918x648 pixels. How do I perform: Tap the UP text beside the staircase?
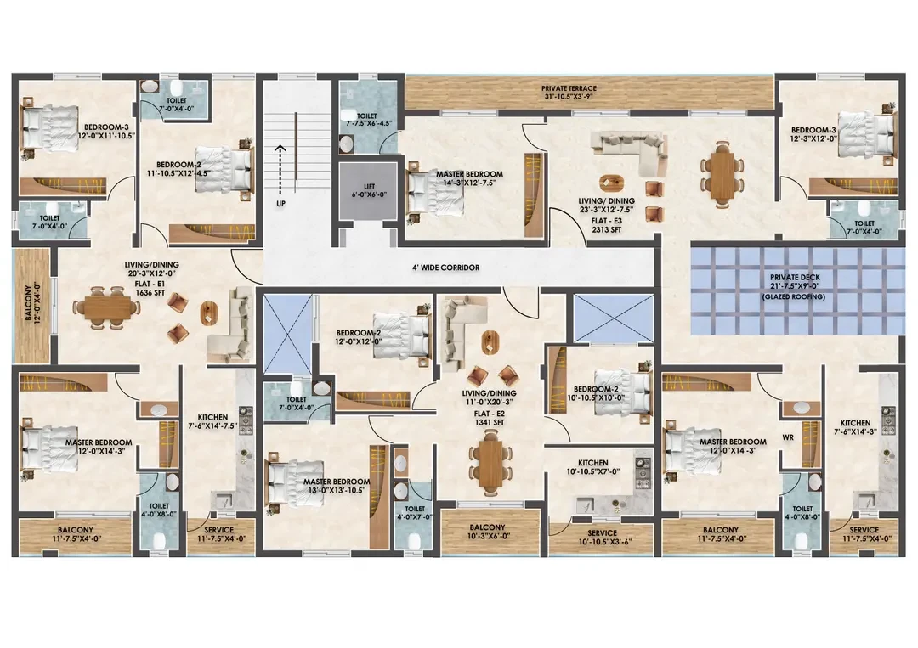(x=281, y=204)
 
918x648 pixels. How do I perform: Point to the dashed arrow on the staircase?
(x=280, y=169)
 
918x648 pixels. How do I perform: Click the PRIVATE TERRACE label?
(x=569, y=89)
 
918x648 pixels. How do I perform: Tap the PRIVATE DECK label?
(x=795, y=277)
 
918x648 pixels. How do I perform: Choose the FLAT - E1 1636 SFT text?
(x=150, y=288)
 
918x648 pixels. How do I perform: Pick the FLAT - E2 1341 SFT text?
(x=490, y=418)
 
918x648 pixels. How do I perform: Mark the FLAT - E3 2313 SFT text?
(x=607, y=226)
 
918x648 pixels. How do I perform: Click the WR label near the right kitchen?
(x=788, y=437)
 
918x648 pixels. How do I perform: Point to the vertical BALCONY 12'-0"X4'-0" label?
(x=33, y=303)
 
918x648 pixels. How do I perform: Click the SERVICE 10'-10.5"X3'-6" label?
(x=602, y=538)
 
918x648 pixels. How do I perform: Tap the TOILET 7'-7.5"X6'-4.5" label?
(x=367, y=120)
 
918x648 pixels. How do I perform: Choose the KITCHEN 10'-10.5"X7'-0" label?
(x=593, y=467)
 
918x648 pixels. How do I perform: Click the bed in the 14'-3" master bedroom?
(x=435, y=191)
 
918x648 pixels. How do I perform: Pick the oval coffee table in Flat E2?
(x=490, y=341)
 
